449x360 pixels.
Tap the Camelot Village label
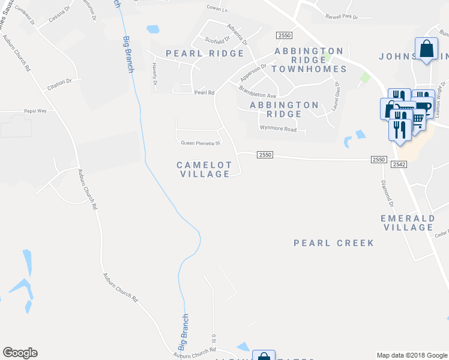[x=204, y=169]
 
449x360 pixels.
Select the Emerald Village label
[x=407, y=223]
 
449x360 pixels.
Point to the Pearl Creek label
[x=334, y=243]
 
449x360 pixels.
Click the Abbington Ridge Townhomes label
[x=309, y=60]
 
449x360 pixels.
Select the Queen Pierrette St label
[x=201, y=143]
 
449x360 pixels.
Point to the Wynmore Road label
[x=278, y=128]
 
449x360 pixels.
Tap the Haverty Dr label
[x=154, y=73]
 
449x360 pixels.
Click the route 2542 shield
[x=399, y=164]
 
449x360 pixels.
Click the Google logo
[x=20, y=353]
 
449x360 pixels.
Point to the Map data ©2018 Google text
[x=411, y=355]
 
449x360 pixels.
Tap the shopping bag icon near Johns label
[x=426, y=49]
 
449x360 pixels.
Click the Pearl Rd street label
[x=204, y=93]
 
